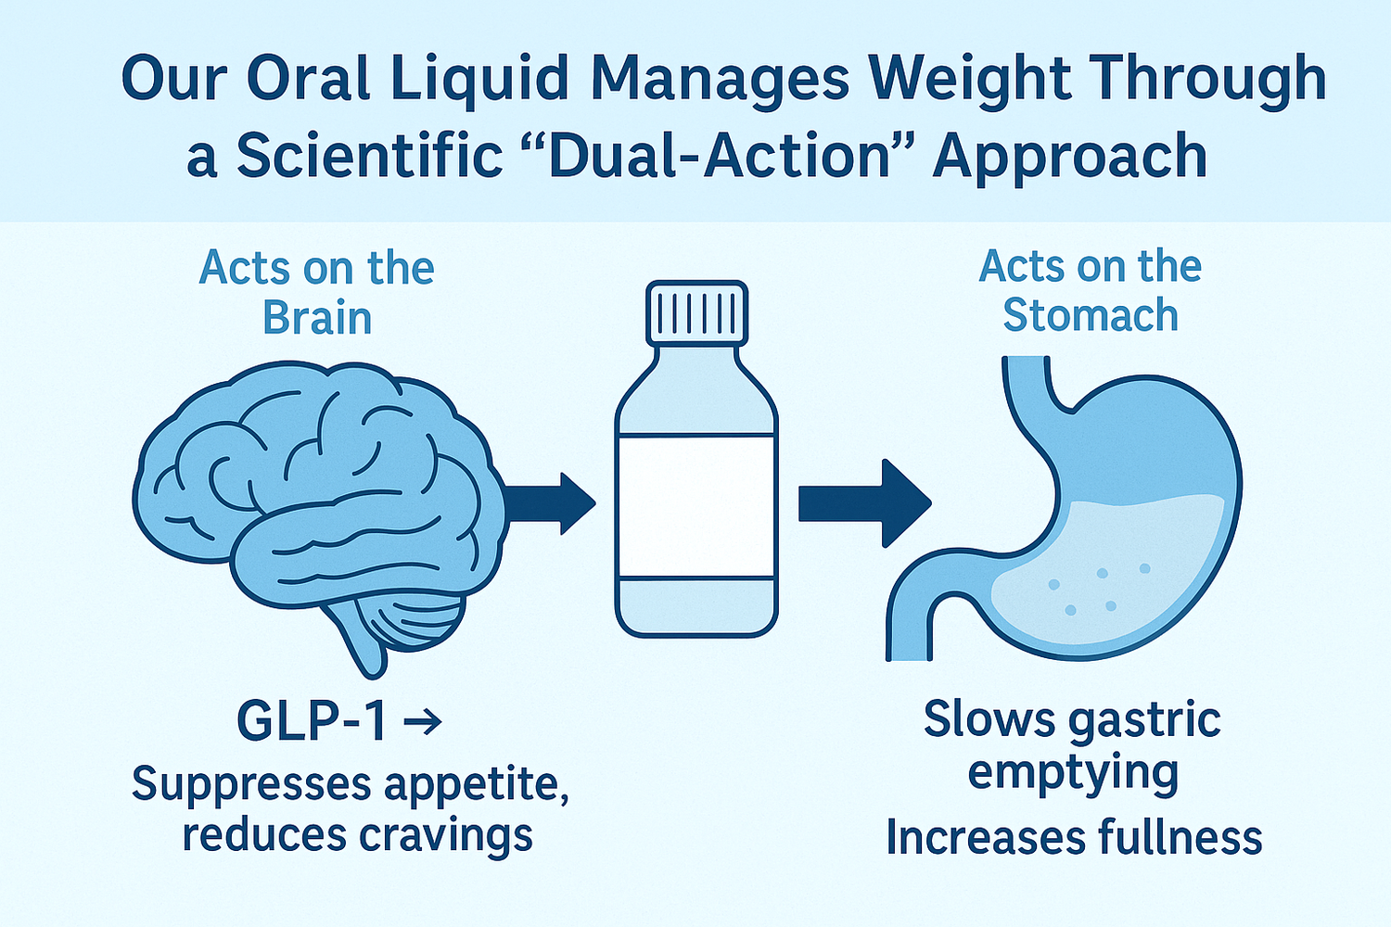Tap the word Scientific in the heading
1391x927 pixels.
point(369,156)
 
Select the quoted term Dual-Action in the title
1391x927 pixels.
point(719,156)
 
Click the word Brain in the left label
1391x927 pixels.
point(317,318)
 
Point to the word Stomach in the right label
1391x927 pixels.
point(1091,315)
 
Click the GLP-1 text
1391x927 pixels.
point(312,720)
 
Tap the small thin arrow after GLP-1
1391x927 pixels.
point(424,722)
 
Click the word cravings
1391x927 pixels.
point(446,836)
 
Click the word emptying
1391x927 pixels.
point(1073,772)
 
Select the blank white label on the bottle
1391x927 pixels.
point(696,506)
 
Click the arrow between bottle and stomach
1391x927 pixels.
point(863,503)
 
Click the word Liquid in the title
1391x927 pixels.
point(479,78)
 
